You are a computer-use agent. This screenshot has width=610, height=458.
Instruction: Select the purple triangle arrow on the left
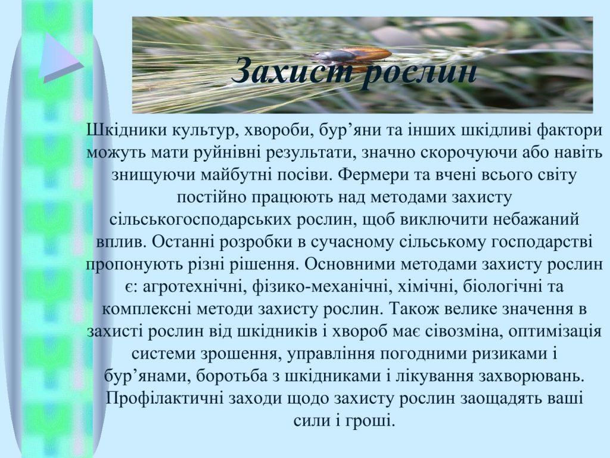click(x=61, y=58)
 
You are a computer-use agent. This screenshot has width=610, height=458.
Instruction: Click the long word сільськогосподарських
click(x=201, y=220)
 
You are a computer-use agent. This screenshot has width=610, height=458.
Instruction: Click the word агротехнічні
click(x=194, y=287)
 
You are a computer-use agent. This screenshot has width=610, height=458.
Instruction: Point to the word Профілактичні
click(x=164, y=399)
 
